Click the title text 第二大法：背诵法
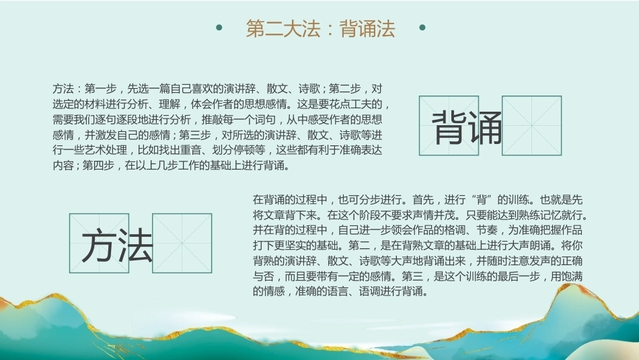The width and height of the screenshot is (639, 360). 320,28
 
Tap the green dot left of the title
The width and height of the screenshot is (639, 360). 219,28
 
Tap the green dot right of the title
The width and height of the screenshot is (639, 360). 422,28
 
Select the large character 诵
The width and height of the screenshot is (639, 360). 486,128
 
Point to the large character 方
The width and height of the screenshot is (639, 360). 98,245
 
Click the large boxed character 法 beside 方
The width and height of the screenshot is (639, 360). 136,245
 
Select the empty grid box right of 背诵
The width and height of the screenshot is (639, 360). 532,126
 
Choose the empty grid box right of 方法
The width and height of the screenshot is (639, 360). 182,243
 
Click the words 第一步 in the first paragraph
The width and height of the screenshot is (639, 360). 100,89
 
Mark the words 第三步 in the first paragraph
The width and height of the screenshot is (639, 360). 195,135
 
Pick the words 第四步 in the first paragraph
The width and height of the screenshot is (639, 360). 98,166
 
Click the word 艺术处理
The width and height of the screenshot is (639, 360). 106,150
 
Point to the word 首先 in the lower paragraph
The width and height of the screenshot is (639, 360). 423,200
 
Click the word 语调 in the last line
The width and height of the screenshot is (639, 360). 369,291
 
